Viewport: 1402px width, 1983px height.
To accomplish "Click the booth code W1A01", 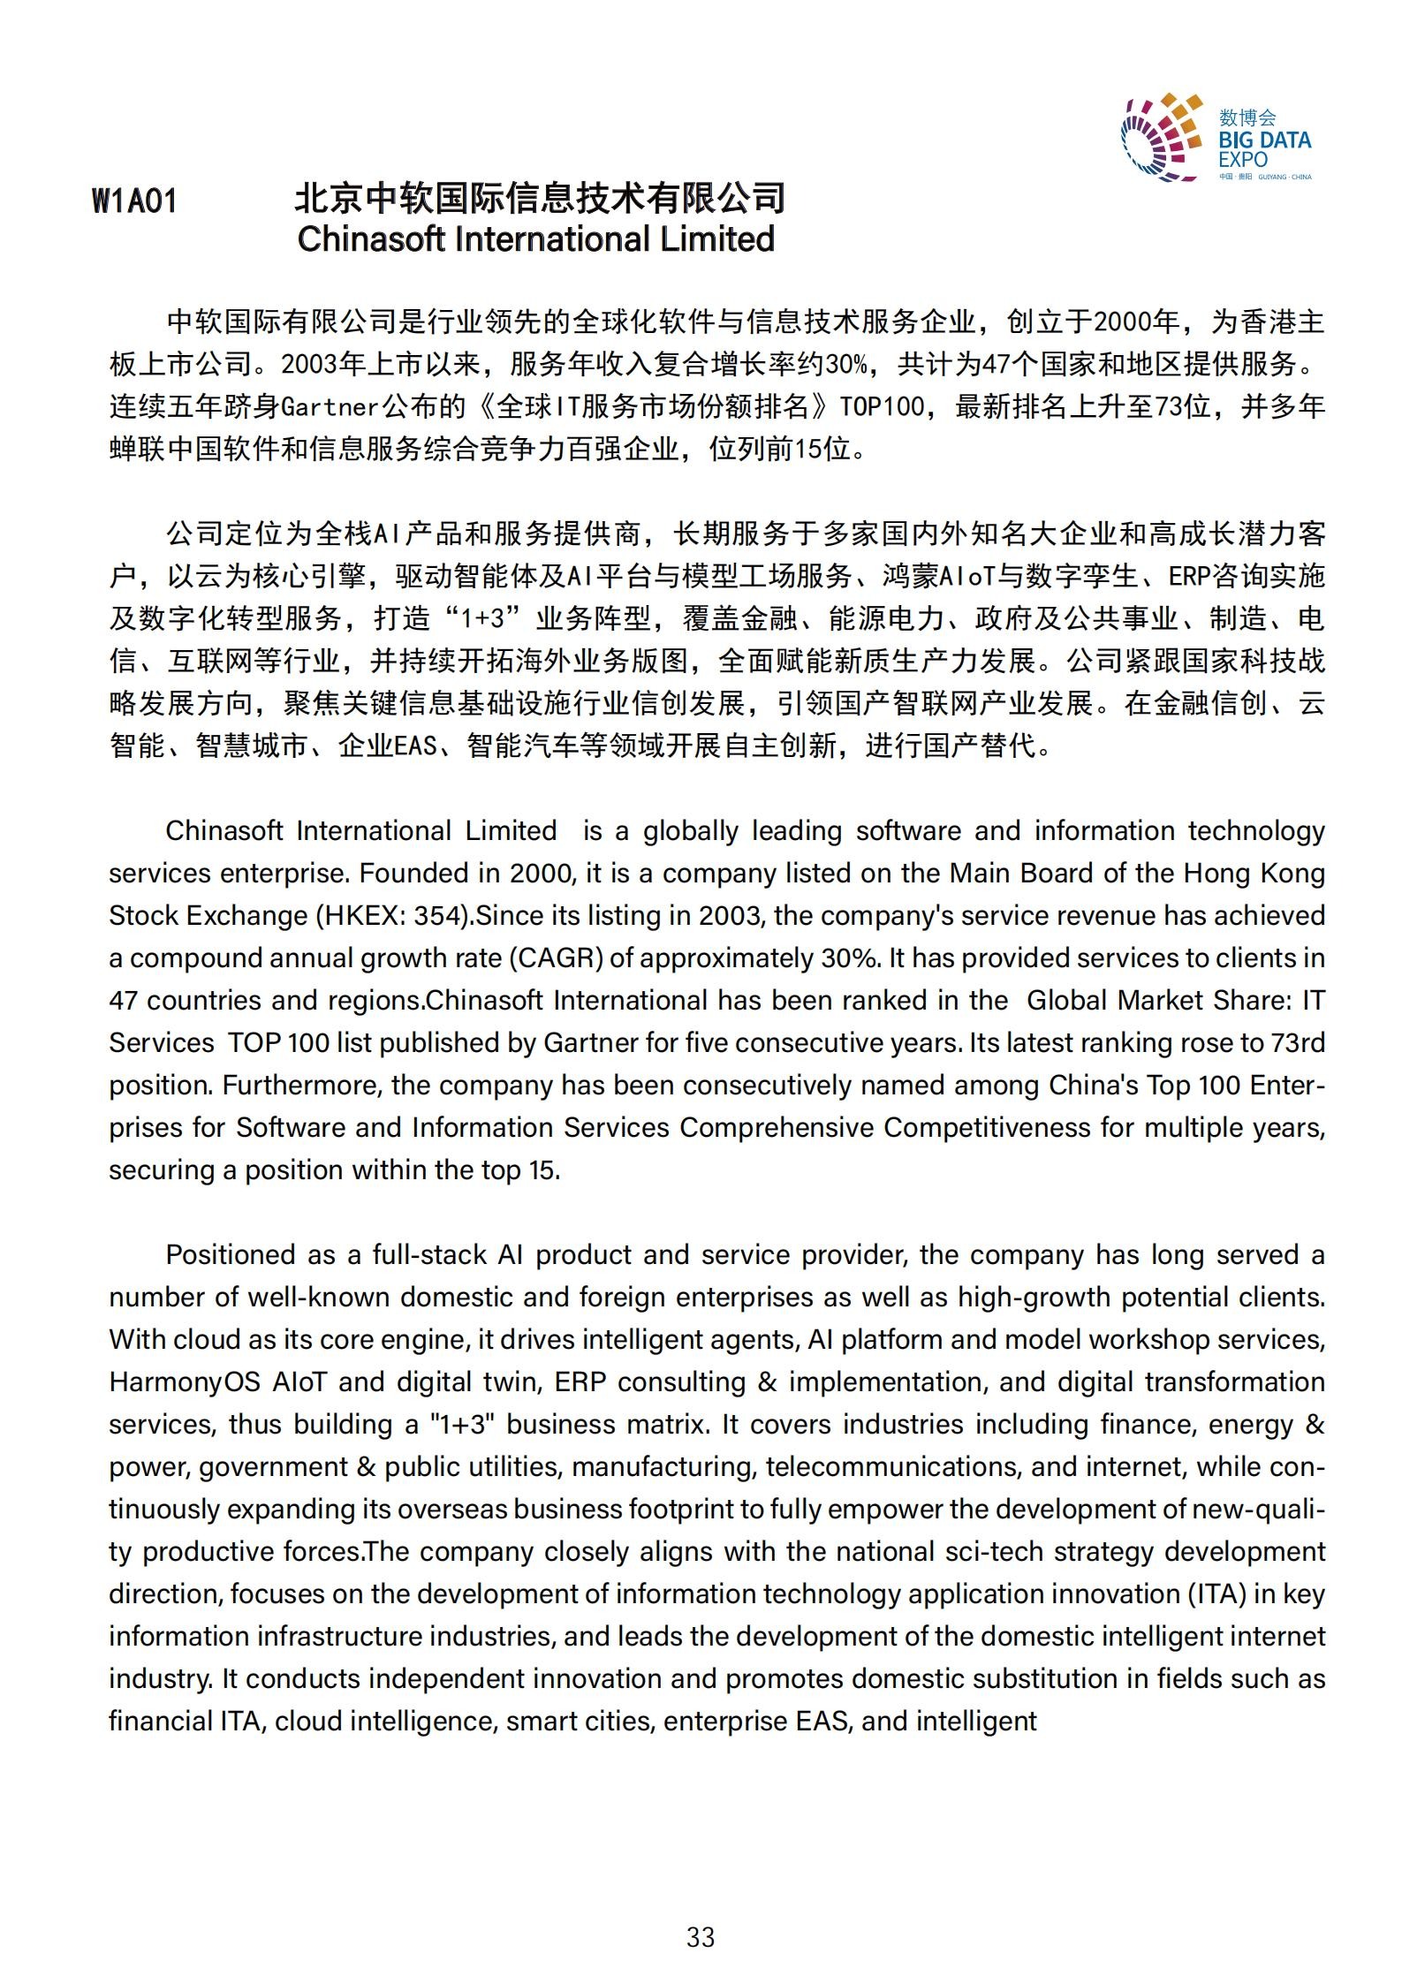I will click(134, 201).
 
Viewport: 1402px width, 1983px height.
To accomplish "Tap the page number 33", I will click(701, 1936).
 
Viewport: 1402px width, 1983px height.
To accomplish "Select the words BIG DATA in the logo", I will click(1264, 140).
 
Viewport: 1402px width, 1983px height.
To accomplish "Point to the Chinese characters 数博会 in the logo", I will click(1247, 117).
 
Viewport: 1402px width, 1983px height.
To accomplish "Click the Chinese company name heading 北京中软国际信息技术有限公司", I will click(539, 198).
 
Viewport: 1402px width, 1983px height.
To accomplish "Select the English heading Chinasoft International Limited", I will click(535, 239).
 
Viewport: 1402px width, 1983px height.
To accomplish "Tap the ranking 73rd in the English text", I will click(1296, 1042).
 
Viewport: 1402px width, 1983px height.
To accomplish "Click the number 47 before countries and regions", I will click(125, 1000).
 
